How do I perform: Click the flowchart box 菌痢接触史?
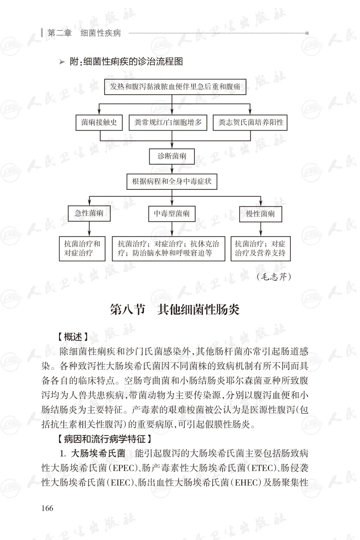click(99, 122)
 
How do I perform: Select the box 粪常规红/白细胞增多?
click(168, 122)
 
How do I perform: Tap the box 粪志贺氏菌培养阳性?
click(250, 122)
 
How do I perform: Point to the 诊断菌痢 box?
click(172, 156)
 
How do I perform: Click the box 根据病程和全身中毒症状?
click(172, 182)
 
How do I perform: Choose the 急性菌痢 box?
click(89, 213)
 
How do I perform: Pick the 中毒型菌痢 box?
click(172, 214)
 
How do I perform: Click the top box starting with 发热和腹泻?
click(175, 87)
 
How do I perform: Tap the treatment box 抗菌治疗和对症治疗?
click(82, 248)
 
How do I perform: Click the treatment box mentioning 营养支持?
click(260, 248)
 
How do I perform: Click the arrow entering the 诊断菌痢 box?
click(172, 144)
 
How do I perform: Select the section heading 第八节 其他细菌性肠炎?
click(175, 310)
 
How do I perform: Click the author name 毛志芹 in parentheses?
click(274, 277)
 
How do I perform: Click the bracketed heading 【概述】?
click(73, 337)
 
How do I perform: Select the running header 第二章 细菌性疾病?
click(84, 33)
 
